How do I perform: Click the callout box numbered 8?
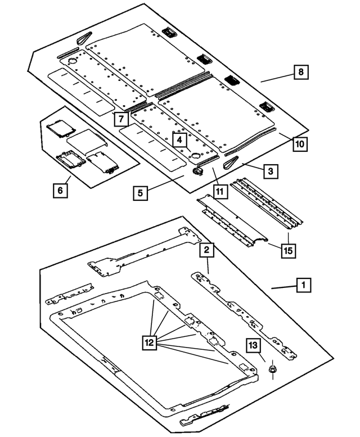point(301,72)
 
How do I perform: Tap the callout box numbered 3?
point(271,171)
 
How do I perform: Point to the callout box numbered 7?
point(119,119)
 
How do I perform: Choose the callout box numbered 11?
point(219,192)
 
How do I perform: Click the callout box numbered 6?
point(59,191)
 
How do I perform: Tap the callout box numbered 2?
point(207,249)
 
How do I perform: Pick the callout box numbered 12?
point(150,342)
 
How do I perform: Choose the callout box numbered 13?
point(254,344)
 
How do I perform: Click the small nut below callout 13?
point(272,369)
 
